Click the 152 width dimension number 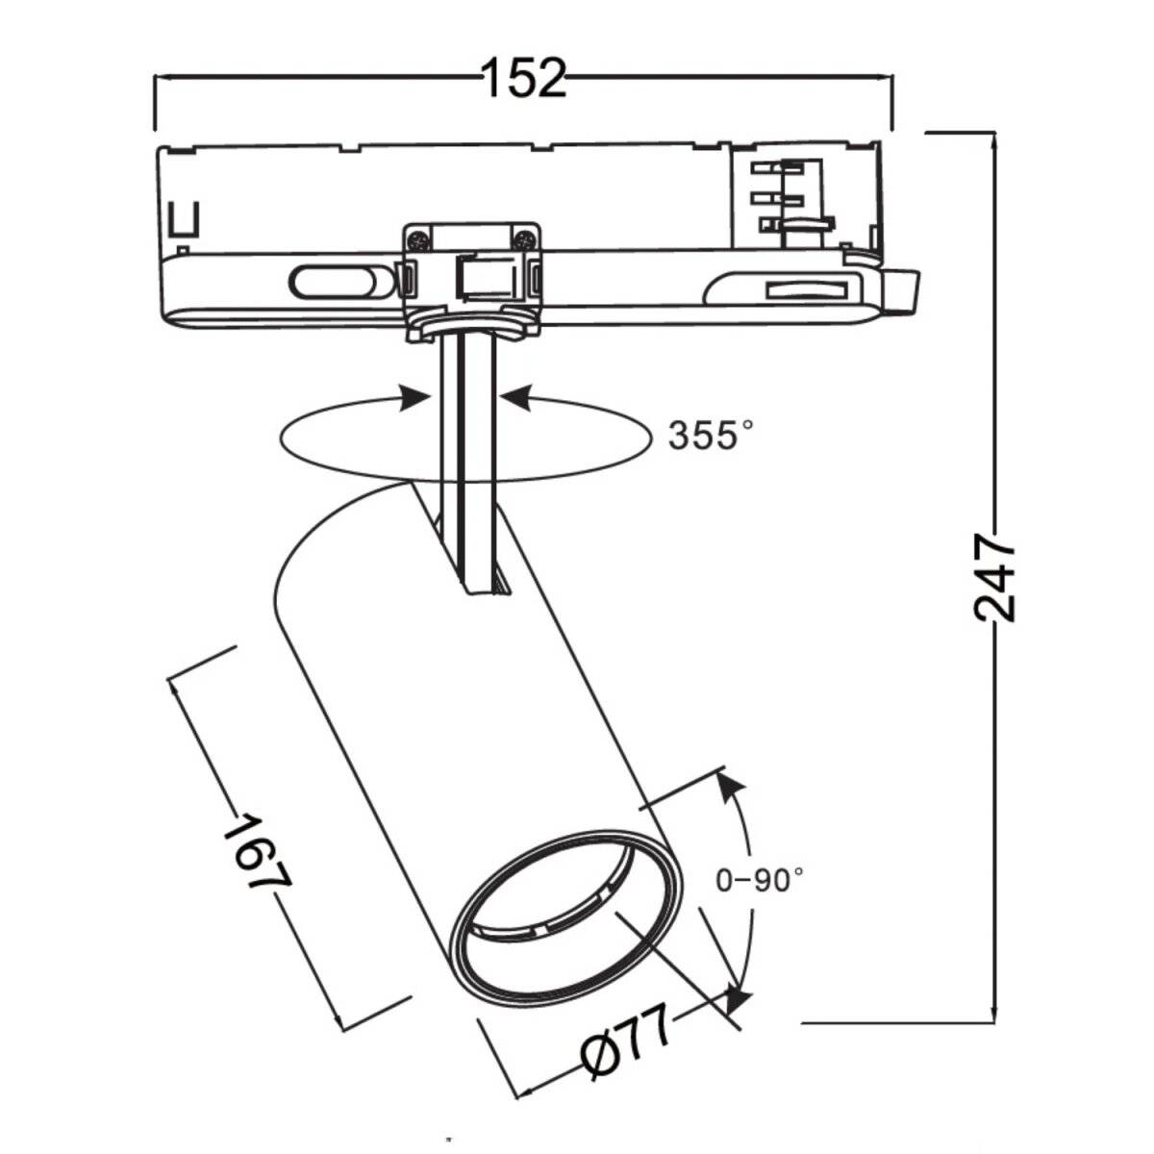[x=524, y=77]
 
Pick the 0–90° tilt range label [x=760, y=878]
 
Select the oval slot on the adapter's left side [x=329, y=283]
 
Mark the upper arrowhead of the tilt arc [x=733, y=790]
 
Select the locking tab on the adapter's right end [x=903, y=289]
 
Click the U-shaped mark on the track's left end [x=182, y=219]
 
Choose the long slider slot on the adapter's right [x=806, y=289]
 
